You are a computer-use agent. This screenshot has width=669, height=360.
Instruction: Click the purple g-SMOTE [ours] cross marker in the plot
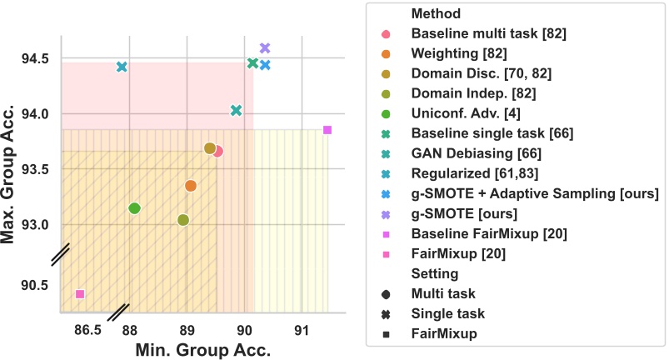coord(265,48)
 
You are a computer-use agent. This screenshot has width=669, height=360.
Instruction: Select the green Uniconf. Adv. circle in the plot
coord(134,208)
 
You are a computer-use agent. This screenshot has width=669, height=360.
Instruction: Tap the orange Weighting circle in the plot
coord(190,186)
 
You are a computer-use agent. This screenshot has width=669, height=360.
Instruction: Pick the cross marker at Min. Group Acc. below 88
coord(122,67)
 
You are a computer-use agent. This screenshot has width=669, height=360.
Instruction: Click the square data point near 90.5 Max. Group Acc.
coord(80,294)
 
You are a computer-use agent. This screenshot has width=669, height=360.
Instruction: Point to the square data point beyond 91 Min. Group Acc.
coord(327,130)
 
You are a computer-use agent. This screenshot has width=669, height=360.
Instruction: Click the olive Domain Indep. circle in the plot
coord(183,220)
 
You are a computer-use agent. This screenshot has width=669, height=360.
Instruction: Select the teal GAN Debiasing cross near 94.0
coord(236,111)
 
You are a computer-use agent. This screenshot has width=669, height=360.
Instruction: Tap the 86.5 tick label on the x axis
coord(87,329)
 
